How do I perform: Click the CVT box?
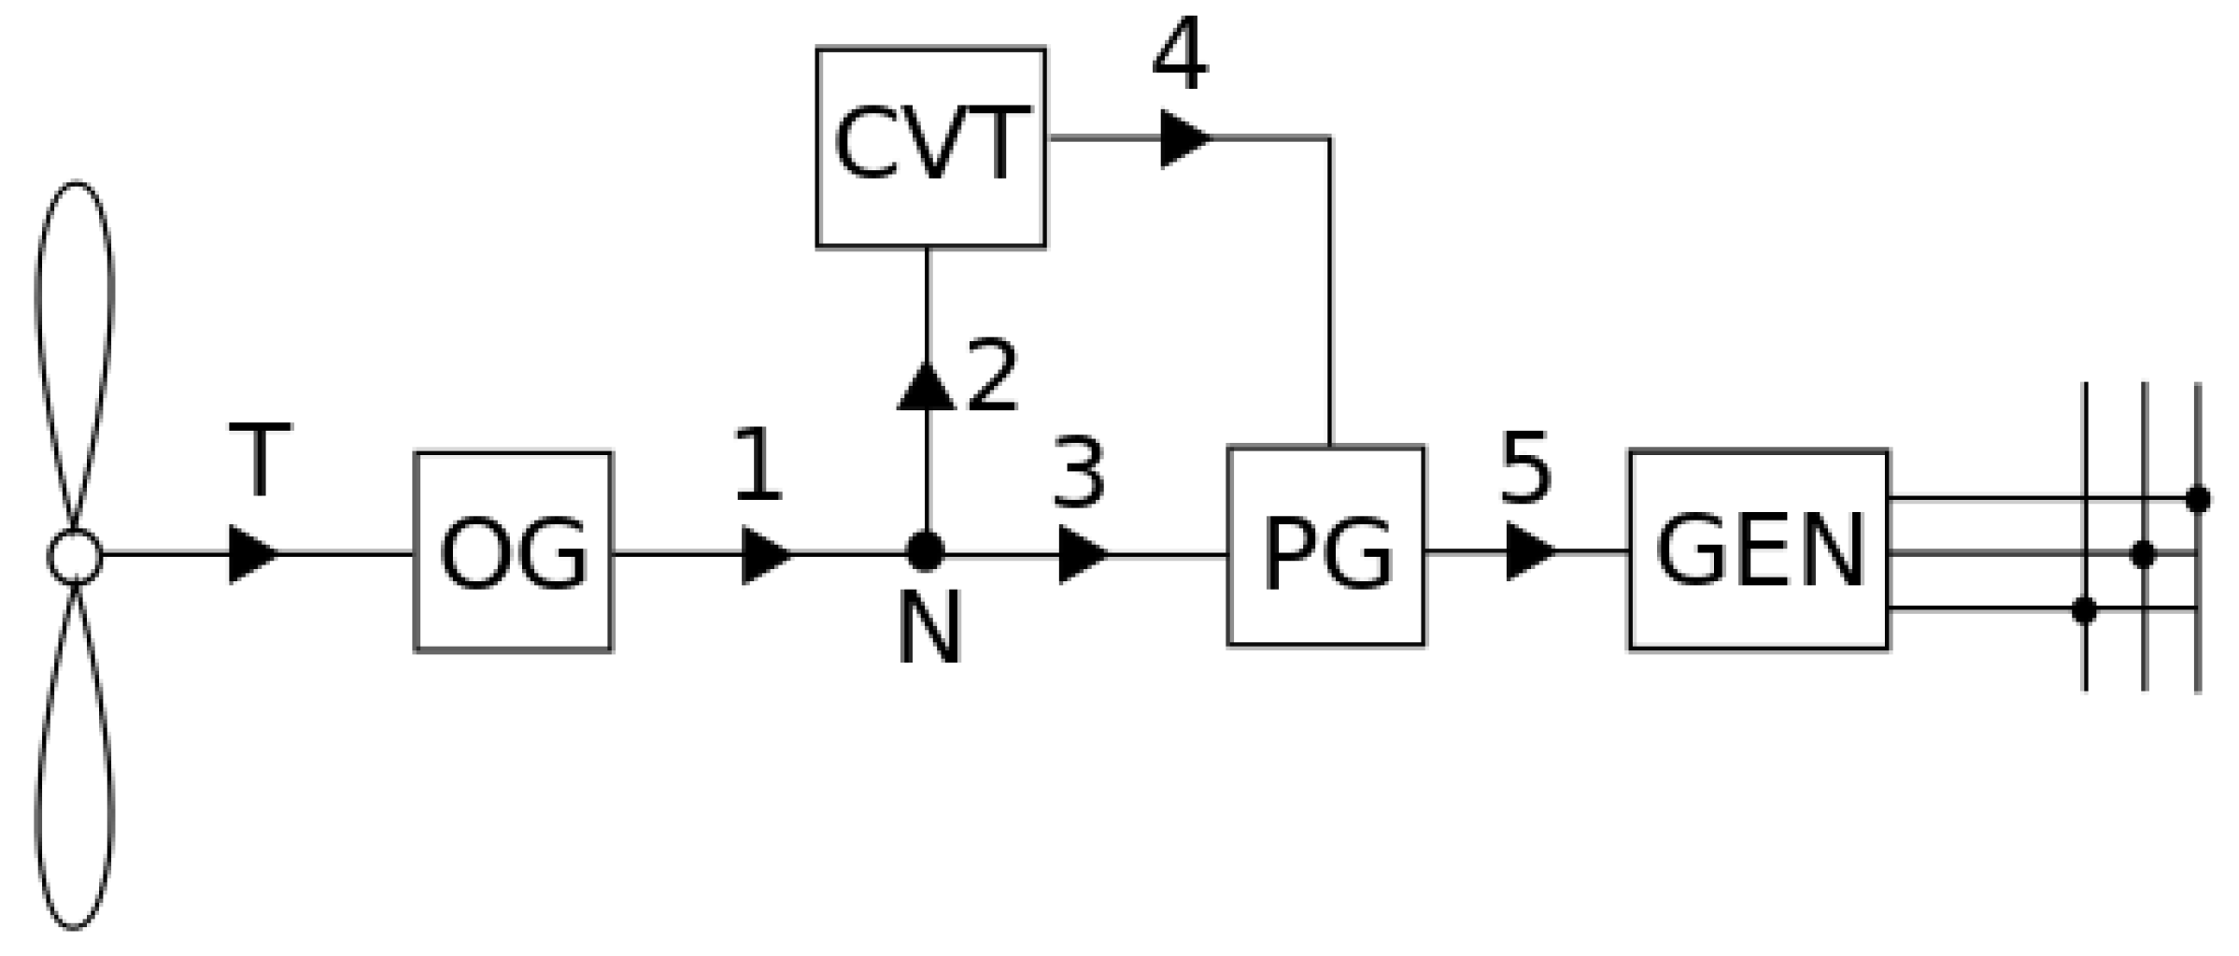(x=930, y=147)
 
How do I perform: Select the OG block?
(x=513, y=551)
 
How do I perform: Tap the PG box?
(x=1325, y=546)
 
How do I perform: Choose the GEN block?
(x=1759, y=549)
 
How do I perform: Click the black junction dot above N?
(x=926, y=551)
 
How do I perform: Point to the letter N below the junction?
(x=928, y=631)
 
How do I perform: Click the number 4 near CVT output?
(x=1180, y=56)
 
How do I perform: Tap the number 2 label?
(x=992, y=377)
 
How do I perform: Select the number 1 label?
(x=758, y=464)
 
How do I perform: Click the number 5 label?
(x=1525, y=469)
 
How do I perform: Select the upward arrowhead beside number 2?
(x=926, y=387)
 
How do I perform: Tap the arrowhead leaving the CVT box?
(x=1183, y=138)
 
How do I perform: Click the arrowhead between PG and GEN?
(x=1529, y=551)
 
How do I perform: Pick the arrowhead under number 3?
(x=1082, y=554)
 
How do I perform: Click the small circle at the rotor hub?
(x=75, y=556)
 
